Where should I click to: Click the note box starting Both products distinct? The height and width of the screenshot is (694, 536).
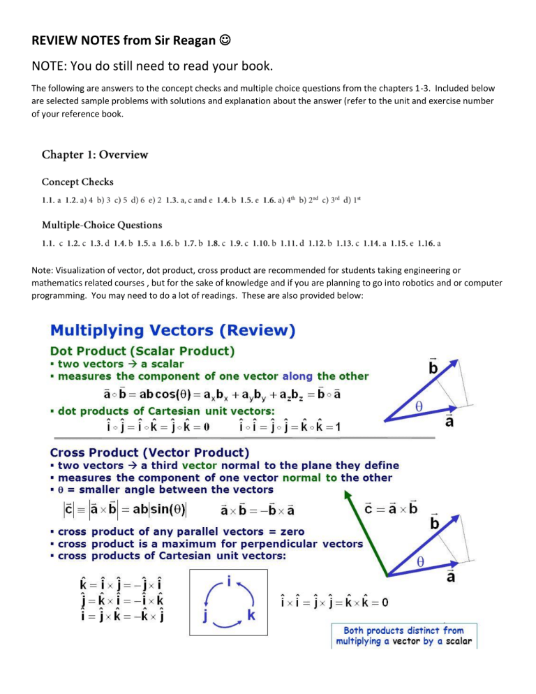403,635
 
